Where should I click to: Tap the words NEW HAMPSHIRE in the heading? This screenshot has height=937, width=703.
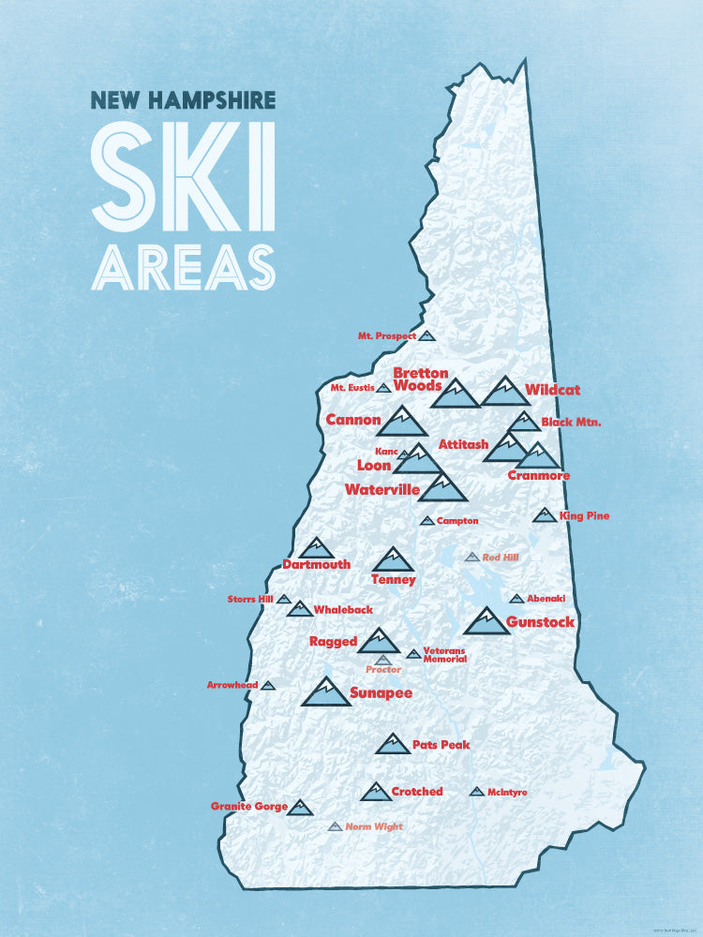pos(183,99)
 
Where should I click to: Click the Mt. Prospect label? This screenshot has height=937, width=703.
pos(386,335)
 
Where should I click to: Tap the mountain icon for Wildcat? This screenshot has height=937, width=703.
pos(504,393)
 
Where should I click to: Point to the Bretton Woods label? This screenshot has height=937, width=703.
pos(419,379)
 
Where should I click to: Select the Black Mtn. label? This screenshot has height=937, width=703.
pos(570,423)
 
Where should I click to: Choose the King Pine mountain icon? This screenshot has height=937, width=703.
pos(545,515)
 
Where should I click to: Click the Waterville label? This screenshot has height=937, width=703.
pos(380,489)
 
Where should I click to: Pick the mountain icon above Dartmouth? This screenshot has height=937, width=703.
pos(317,548)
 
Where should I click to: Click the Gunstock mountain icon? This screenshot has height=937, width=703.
pos(486,621)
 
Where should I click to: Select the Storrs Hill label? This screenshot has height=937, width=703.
pos(249,599)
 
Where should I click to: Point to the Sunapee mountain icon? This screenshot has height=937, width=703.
pos(326,692)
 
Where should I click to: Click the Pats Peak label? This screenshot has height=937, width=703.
pos(441,745)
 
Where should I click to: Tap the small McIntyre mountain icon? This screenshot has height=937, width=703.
pos(476,792)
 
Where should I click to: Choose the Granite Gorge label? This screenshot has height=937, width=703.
pos(248,806)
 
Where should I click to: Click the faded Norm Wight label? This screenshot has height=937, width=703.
pos(373,826)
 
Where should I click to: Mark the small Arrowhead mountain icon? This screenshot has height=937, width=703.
pos(268,686)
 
